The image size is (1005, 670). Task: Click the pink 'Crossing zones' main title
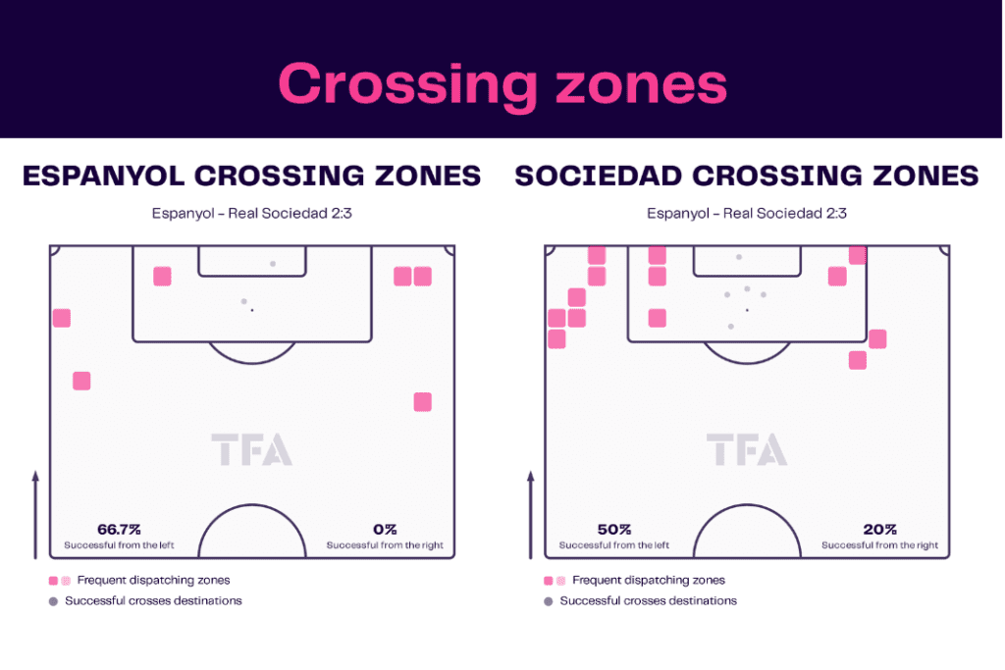(x=503, y=84)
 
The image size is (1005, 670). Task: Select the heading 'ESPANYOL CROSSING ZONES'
(x=252, y=176)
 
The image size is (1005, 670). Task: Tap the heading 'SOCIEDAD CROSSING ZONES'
(x=747, y=176)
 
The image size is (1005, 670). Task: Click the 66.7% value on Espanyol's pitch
(x=119, y=529)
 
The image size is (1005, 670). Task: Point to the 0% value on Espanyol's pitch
(x=385, y=529)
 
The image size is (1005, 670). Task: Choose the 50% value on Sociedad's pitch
(x=614, y=529)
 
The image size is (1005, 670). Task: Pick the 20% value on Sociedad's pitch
(x=879, y=529)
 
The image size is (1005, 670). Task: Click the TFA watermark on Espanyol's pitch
(x=252, y=449)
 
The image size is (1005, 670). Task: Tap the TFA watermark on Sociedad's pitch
(x=747, y=449)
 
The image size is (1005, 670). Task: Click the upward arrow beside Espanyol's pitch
(x=36, y=515)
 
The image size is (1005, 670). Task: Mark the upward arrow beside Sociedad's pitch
(x=531, y=515)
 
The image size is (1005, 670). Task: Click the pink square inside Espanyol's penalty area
(x=162, y=277)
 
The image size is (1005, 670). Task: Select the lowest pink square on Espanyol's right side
(x=422, y=402)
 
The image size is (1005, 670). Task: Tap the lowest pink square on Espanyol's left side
(x=81, y=382)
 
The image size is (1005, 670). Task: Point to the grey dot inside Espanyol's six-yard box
(x=273, y=264)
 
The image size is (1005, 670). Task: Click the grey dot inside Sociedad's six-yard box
(x=739, y=257)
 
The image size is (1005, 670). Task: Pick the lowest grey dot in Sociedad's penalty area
(x=730, y=327)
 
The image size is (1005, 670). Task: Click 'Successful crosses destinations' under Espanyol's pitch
(x=153, y=600)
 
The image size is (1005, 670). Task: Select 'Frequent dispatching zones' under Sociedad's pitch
(x=649, y=581)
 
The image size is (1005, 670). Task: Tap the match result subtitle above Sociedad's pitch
(x=747, y=213)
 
